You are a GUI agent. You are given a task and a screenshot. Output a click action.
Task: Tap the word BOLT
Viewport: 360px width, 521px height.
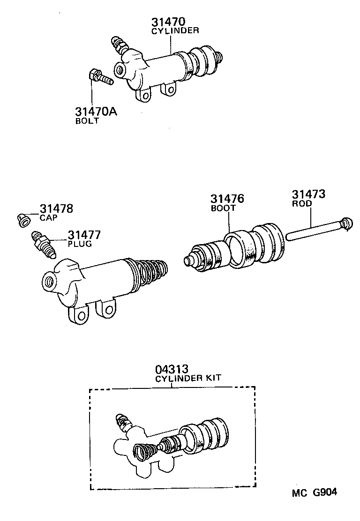coord(87,121)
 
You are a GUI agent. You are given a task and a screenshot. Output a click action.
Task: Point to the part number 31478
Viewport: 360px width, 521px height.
coord(56,209)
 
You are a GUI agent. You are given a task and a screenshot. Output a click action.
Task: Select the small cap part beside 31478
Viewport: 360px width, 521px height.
coord(23,219)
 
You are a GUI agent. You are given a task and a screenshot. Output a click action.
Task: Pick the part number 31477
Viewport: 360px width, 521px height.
coord(84,235)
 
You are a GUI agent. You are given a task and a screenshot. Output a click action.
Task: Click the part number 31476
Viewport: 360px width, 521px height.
coord(228,199)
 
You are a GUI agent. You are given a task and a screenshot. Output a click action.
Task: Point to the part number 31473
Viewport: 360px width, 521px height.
coord(309,194)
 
